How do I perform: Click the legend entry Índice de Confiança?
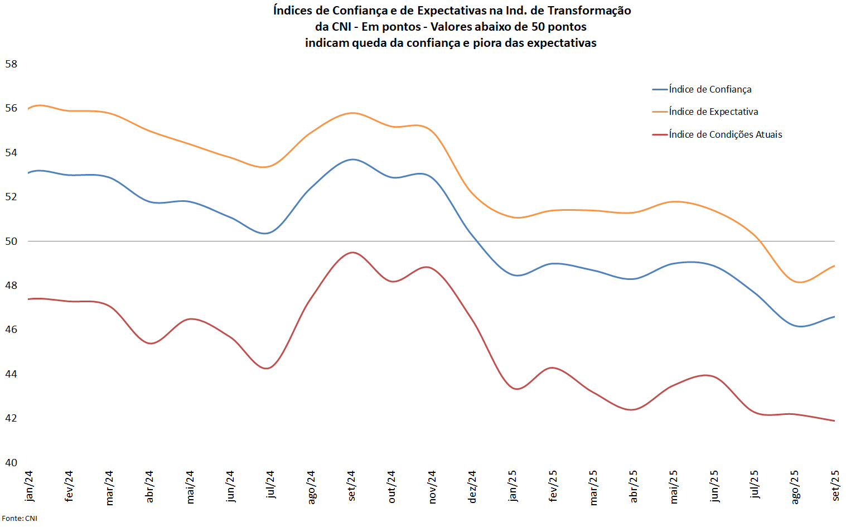(710, 89)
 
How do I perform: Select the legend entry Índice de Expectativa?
(713, 112)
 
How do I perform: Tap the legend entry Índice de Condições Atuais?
(725, 134)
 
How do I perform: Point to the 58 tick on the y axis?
(11, 64)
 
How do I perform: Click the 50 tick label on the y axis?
(11, 241)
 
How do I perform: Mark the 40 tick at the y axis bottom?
(11, 462)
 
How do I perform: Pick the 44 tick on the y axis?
(11, 374)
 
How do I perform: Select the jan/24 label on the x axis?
(29, 486)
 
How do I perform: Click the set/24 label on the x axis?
(351, 486)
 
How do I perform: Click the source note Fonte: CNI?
(20, 519)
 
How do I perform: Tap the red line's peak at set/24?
(352, 253)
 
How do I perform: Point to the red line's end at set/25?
(834, 420)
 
